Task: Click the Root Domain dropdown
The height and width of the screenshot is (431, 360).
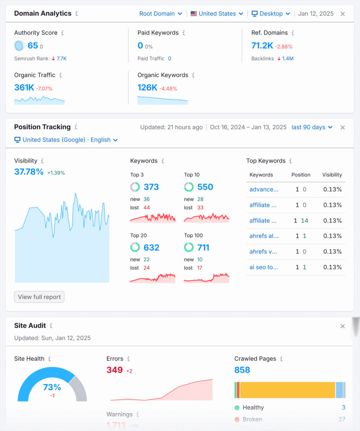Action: click(x=161, y=13)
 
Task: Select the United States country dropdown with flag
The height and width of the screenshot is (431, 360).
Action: click(x=217, y=13)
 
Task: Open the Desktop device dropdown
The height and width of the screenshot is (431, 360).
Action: click(x=271, y=13)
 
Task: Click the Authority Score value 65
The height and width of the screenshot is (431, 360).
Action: click(x=33, y=46)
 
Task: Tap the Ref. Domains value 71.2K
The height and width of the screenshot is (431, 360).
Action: click(x=262, y=46)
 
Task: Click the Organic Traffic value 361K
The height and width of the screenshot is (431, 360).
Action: click(x=24, y=88)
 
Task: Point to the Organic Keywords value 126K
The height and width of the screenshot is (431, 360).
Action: click(x=147, y=88)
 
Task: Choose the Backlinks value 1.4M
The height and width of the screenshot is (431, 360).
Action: click(x=288, y=59)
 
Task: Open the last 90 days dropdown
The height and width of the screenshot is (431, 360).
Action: click(x=312, y=127)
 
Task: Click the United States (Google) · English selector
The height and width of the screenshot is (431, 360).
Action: click(x=66, y=140)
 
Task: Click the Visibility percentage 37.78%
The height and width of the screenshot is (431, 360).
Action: click(x=29, y=172)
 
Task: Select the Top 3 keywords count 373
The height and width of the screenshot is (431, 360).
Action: click(x=151, y=187)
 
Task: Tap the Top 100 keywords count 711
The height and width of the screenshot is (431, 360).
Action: click(x=203, y=247)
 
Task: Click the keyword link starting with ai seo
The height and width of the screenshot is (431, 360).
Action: click(x=264, y=267)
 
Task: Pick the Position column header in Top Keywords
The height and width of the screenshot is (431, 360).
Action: click(x=301, y=175)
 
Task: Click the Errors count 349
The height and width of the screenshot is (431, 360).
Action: click(x=114, y=370)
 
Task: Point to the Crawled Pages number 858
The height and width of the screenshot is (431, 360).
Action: click(x=242, y=370)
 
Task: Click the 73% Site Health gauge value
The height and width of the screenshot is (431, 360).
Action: click(x=52, y=387)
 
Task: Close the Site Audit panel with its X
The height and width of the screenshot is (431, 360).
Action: click(x=342, y=326)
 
